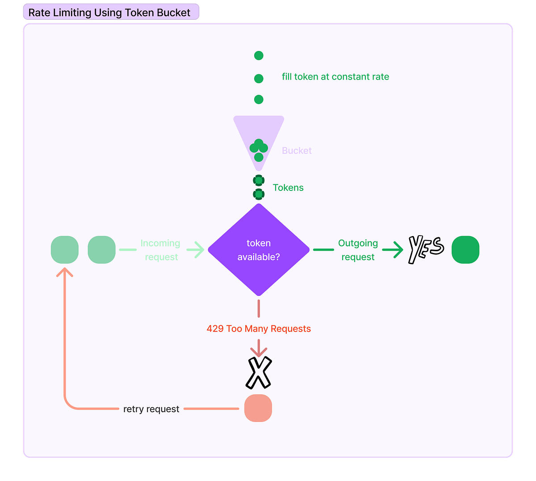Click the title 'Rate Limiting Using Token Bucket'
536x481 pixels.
[109, 13]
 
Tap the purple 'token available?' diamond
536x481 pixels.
[259, 249]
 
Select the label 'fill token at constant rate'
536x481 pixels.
[335, 77]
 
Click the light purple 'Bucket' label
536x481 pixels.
[297, 151]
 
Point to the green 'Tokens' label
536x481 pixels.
[288, 188]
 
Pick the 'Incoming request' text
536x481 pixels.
[160, 250]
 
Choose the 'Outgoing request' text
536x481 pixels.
[358, 250]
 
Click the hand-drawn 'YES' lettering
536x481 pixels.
[426, 249]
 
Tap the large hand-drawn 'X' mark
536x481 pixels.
[259, 372]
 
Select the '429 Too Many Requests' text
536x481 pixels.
[259, 329]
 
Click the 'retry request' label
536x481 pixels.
[151, 409]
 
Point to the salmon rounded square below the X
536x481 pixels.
[258, 408]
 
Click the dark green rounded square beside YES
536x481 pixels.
[465, 249]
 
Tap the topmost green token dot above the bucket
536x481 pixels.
[259, 55]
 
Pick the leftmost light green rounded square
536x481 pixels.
[65, 249]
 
